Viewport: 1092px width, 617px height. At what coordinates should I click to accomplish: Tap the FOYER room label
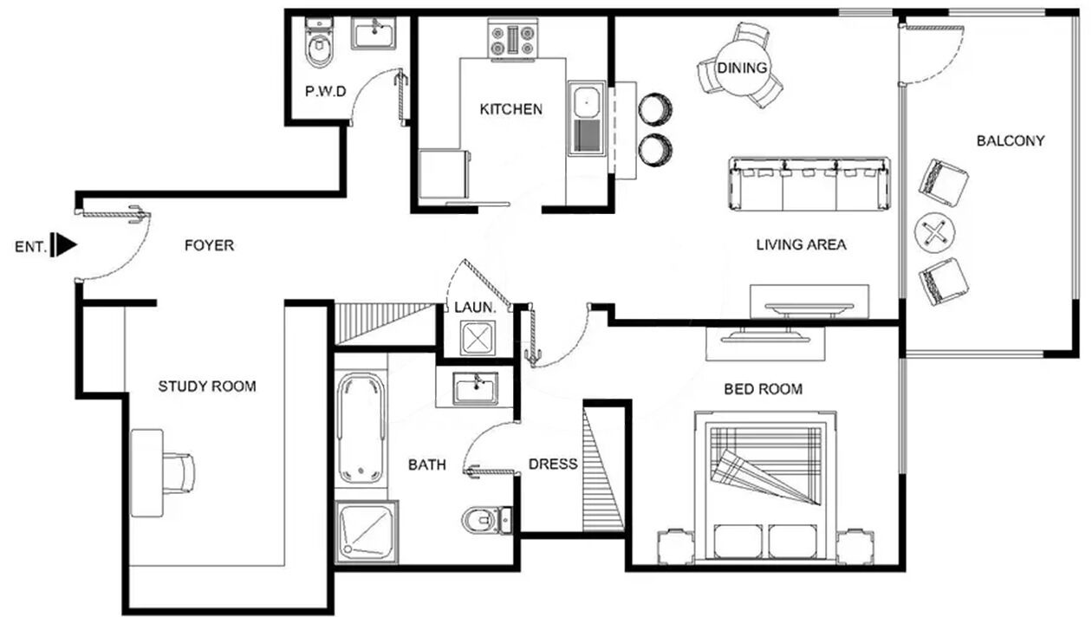pos(209,245)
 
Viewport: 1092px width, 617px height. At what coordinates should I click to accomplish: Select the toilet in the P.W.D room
pos(319,42)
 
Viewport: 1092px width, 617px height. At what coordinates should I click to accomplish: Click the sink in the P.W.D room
pos(374,33)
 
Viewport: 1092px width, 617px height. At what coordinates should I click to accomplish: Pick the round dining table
pos(742,68)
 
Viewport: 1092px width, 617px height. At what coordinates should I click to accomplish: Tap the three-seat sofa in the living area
pos(809,185)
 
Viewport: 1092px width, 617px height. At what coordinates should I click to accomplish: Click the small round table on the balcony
pos(934,233)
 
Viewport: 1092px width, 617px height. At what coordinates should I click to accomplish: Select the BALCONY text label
pos(1011,141)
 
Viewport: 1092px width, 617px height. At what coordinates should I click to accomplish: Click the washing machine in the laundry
pos(478,337)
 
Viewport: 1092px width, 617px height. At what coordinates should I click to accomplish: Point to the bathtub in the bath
pos(361,429)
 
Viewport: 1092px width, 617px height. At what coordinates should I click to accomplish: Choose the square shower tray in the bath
pos(367,531)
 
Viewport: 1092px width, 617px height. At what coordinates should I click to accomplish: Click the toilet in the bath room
pos(486,521)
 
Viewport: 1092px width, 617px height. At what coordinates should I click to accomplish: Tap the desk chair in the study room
pos(179,473)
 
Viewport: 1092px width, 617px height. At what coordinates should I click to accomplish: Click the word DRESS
pos(553,464)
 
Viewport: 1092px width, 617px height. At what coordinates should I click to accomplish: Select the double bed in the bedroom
pos(765,487)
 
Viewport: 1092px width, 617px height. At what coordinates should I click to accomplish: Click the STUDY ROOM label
pos(207,386)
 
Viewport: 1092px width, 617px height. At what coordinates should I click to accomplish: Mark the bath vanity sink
pos(475,388)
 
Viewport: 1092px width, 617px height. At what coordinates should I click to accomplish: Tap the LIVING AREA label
pos(801,244)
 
